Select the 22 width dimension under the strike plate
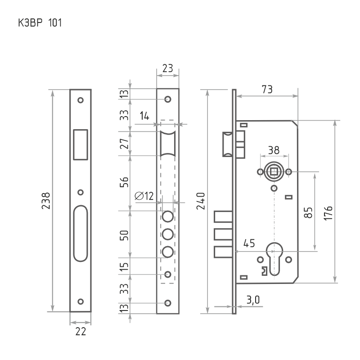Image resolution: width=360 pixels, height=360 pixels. (81, 332)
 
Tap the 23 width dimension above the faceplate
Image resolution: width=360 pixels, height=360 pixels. (167, 68)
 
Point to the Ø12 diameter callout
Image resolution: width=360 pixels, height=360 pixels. (144, 196)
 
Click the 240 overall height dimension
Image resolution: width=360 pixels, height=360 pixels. (201, 201)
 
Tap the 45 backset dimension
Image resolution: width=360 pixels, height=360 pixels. (249, 243)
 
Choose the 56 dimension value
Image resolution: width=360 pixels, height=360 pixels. (125, 182)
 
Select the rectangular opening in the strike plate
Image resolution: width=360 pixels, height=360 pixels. (81, 144)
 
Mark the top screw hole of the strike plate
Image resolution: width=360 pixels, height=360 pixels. (81, 100)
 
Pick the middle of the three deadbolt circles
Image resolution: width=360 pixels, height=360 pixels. (168, 234)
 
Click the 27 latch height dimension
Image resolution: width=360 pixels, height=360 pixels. (125, 143)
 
